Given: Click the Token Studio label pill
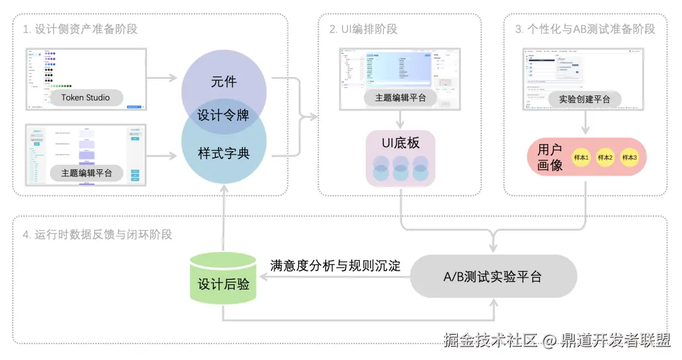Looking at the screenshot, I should pos(85,97).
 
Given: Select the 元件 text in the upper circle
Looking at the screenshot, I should pos(224,82).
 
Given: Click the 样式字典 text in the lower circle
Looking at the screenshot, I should pos(224,153).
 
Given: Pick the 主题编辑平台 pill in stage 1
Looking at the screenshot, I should pos(87,172).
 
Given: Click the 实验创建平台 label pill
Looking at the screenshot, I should pos(585,99).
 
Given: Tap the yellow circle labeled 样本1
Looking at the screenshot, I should pos(580,157).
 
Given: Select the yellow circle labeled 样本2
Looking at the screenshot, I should pos(605,157).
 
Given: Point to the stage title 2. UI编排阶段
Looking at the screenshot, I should pos(363,29).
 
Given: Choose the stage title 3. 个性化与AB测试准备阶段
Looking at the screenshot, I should pos(585,29).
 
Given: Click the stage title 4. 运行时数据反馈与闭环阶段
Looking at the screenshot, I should pos(97,234).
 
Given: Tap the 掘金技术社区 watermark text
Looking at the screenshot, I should pos(490,341).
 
